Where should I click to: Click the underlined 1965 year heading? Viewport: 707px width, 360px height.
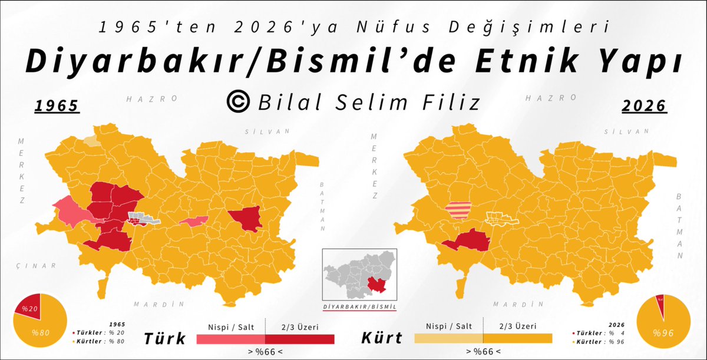click(57, 106)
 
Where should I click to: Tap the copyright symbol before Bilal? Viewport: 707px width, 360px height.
click(239, 102)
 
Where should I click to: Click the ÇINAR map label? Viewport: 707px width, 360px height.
click(37, 266)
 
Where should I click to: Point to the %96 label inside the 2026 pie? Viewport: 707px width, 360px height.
click(663, 332)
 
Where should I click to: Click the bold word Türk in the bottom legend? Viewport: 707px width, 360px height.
click(165, 339)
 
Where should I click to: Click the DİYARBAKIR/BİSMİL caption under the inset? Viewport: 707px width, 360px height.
click(359, 308)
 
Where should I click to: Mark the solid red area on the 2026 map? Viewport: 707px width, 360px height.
click(467, 242)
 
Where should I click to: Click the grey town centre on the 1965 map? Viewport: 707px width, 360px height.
click(144, 219)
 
